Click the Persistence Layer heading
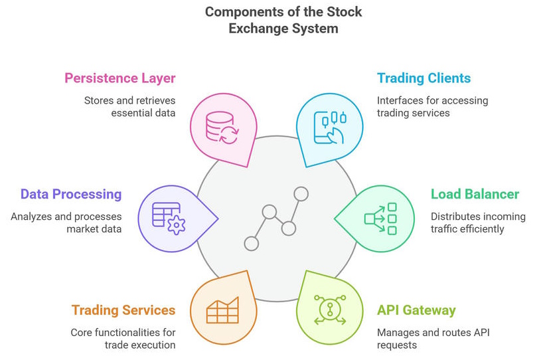tap(120, 78)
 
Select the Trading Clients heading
tap(424, 78)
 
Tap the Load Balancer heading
tap(475, 194)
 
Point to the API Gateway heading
tap(416, 310)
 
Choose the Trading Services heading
tap(123, 310)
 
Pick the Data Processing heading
tap(71, 195)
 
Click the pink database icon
tap(222, 128)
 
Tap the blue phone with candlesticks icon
tap(330, 128)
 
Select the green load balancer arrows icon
tap(380, 219)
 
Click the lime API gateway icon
tap(330, 310)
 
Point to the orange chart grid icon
tap(222, 310)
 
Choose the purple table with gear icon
tap(169, 219)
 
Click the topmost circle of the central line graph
tap(301, 194)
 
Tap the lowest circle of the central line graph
tap(252, 244)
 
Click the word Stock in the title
tap(344, 12)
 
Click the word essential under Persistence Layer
tap(128, 113)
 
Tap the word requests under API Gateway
tap(397, 345)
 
